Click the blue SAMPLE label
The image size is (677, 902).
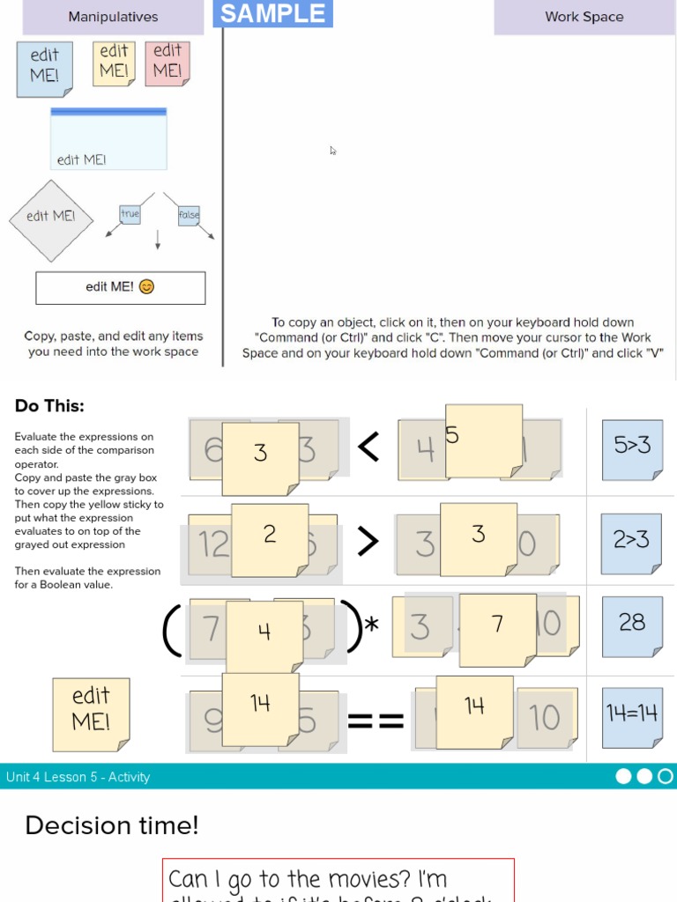coord(273,13)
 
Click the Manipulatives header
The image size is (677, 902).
coord(113,17)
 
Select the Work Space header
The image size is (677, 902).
coord(584,17)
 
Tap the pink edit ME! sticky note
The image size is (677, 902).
coord(167,62)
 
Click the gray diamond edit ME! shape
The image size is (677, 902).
coord(51,218)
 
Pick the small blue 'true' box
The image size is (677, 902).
coord(130,214)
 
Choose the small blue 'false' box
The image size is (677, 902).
coord(189,215)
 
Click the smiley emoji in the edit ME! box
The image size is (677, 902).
coord(147,287)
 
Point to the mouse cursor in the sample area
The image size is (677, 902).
coord(333,151)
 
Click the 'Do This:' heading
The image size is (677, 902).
coord(49,406)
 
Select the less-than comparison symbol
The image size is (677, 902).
coord(368,448)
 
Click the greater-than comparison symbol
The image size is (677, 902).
coord(368,543)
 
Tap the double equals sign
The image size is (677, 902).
coord(376,722)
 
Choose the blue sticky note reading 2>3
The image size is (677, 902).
coord(631,543)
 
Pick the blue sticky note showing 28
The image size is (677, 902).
coord(632,625)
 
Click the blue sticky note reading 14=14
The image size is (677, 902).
coord(632,716)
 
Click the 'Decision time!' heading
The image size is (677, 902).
coord(112,825)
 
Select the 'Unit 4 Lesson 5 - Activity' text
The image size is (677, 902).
coord(78,777)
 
